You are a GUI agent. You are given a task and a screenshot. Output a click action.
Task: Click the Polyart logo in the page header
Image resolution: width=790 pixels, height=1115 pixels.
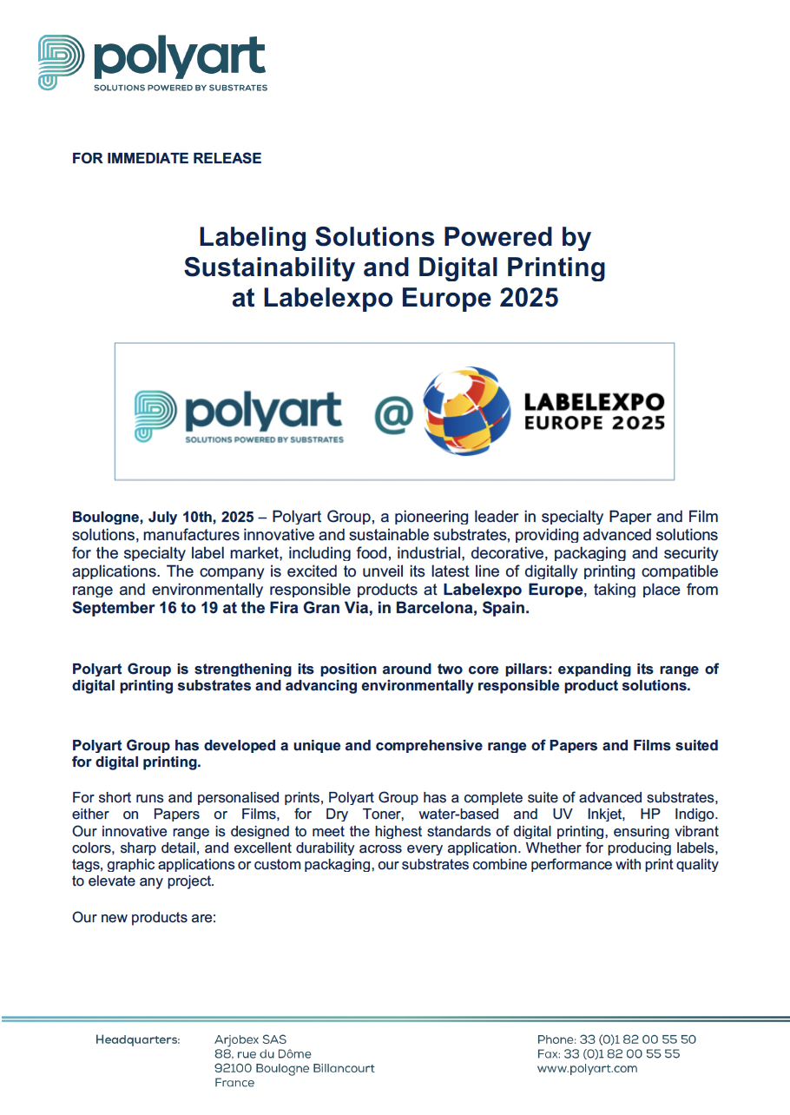click(152, 62)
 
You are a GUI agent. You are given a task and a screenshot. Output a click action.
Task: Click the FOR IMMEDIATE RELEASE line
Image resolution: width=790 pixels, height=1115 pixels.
click(167, 158)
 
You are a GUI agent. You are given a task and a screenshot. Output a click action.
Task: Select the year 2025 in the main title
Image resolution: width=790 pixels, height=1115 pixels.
click(527, 298)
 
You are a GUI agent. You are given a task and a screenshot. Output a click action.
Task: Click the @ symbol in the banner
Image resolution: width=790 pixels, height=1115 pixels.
click(393, 413)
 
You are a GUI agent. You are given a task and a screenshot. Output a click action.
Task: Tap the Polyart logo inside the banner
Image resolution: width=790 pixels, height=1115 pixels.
click(239, 415)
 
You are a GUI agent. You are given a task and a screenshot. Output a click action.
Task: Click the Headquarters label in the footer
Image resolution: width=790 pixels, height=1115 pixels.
click(138, 1039)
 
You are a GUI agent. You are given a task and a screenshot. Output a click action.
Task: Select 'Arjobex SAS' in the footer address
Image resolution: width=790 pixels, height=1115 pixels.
click(250, 1039)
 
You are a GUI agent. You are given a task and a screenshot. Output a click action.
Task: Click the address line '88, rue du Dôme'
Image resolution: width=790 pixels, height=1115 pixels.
click(263, 1054)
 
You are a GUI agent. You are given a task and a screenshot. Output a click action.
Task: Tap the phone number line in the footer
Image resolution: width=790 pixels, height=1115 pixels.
click(616, 1039)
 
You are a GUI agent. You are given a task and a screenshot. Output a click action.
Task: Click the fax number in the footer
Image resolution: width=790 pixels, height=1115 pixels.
click(609, 1054)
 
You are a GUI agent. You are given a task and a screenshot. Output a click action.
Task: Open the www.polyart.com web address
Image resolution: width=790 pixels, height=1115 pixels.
click(587, 1068)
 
